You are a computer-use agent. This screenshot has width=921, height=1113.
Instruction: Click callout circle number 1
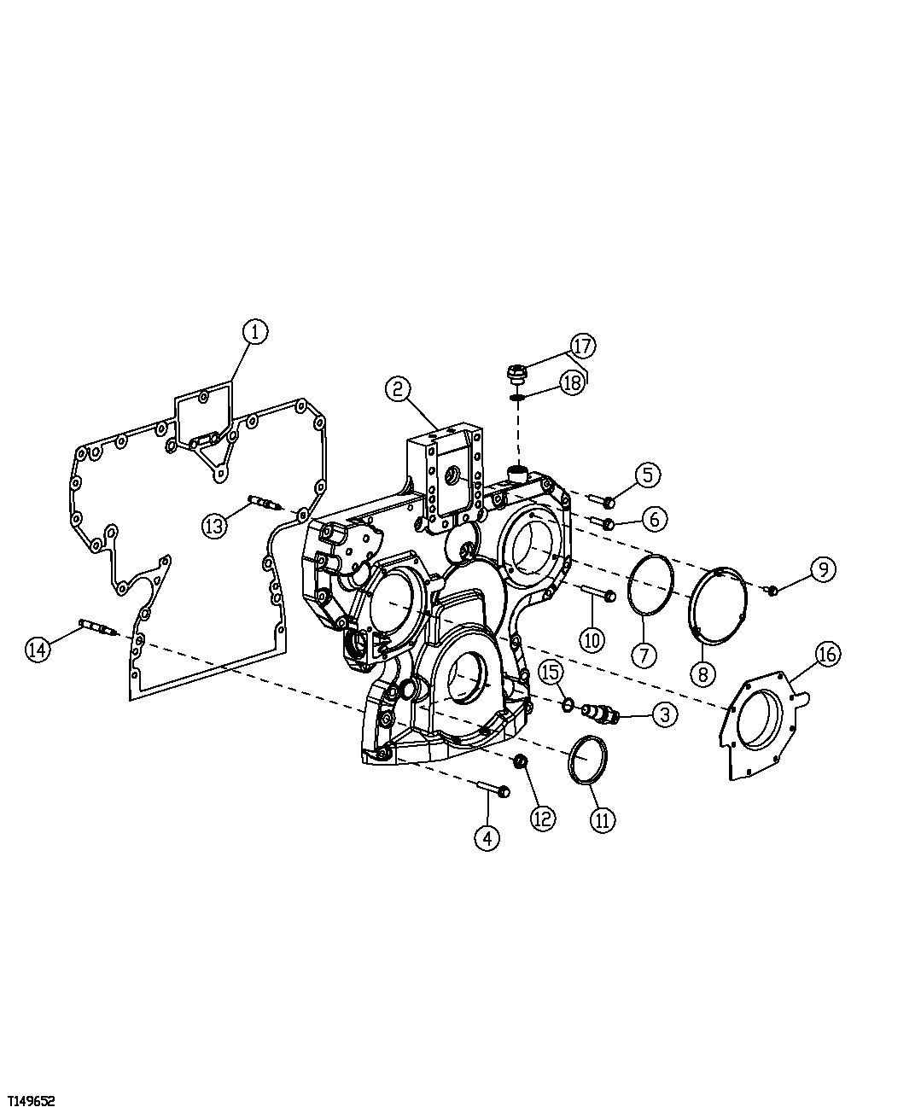point(254,331)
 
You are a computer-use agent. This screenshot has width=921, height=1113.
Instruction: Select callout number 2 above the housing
point(398,389)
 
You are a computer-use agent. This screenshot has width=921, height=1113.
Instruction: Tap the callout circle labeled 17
point(583,346)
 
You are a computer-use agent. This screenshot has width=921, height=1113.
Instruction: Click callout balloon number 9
point(822,568)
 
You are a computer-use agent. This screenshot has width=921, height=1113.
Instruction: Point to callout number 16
point(827,654)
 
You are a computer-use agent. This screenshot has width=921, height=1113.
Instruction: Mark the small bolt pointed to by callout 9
point(772,590)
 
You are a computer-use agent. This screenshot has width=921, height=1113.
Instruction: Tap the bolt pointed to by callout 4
point(493,789)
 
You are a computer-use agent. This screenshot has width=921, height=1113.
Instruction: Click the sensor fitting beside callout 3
point(600,713)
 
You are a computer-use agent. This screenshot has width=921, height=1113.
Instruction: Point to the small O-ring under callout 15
point(568,704)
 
